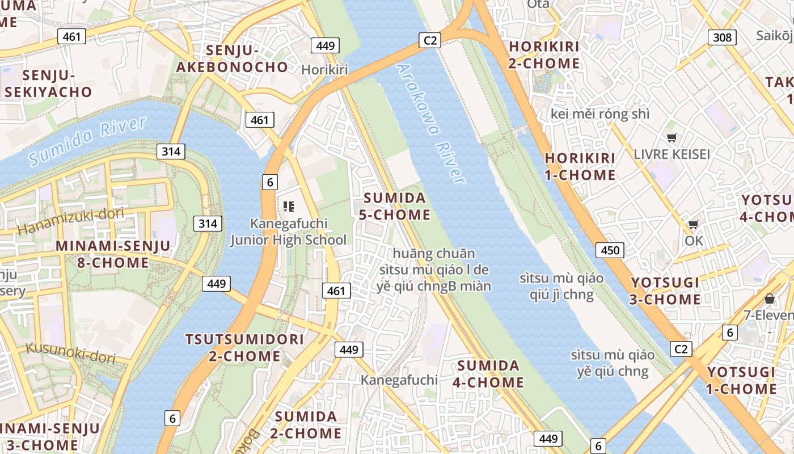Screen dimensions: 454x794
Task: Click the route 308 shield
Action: pos(722,37)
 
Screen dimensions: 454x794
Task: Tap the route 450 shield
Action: pos(610,250)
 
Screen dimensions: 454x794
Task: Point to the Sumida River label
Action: pos(88,140)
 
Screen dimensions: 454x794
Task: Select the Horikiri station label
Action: pos(324,69)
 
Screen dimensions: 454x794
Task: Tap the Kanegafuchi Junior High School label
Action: pos(288,232)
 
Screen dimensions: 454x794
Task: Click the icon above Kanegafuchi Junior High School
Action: pos(288,206)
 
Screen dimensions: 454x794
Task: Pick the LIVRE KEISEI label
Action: pos(671,154)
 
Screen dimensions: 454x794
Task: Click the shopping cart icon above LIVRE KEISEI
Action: pos(672,137)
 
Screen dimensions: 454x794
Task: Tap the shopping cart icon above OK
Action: pos(693,224)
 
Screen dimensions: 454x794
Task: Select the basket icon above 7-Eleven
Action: pos(770,298)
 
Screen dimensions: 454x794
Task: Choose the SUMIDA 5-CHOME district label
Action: pos(394,207)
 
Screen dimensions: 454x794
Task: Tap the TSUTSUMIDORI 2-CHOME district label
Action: pos(245,348)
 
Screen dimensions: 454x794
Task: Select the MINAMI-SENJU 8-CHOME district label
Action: pos(113,254)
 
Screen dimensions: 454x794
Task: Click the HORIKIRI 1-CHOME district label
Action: pos(580,166)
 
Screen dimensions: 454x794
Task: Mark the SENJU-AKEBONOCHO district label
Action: pos(232,58)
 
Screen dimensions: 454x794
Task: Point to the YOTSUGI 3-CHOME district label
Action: pos(665,291)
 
